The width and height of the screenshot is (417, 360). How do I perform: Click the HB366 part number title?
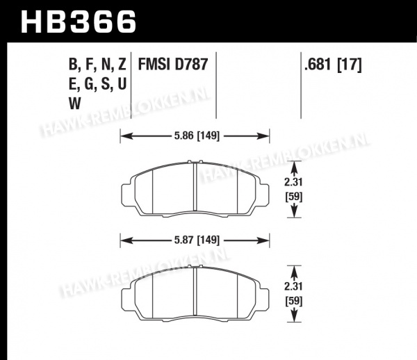tap(79, 22)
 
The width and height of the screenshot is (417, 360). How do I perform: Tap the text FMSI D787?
tap(173, 64)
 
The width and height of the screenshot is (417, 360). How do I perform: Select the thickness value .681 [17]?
tap(333, 65)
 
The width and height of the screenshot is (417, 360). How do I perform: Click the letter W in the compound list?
tap(75, 103)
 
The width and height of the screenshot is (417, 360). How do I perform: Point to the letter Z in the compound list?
tap(122, 64)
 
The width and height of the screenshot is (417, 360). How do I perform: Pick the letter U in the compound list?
tap(122, 84)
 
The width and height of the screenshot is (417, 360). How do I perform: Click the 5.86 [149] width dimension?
tap(197, 136)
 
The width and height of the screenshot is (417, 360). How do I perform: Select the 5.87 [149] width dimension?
tap(197, 240)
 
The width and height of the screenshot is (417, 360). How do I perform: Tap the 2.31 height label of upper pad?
tap(293, 182)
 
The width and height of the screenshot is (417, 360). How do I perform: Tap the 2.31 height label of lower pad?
tap(293, 286)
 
